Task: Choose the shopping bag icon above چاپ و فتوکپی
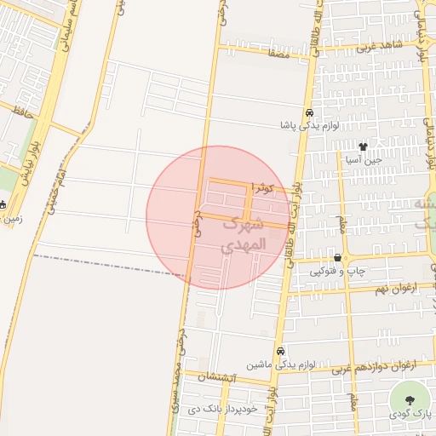[x=338, y=258]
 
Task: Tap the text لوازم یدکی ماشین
[x=278, y=364]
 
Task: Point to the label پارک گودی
[x=410, y=414]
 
